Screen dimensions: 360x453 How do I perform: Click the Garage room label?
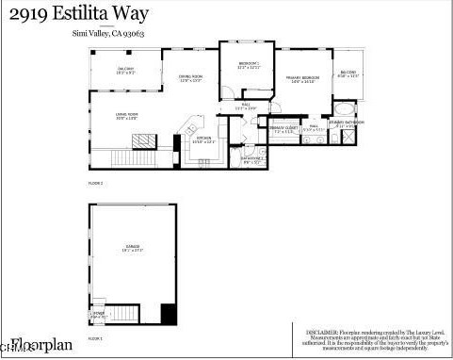(x=132, y=250)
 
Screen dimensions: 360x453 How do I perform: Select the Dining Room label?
(x=192, y=78)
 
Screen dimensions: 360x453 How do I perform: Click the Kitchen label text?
(x=203, y=140)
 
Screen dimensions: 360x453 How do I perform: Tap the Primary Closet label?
(x=283, y=130)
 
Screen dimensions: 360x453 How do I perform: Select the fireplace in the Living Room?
(x=143, y=141)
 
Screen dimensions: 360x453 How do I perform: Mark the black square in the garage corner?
(x=169, y=314)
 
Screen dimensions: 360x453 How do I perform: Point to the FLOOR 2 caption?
(x=95, y=183)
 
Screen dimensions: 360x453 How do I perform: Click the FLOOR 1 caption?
(x=95, y=336)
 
